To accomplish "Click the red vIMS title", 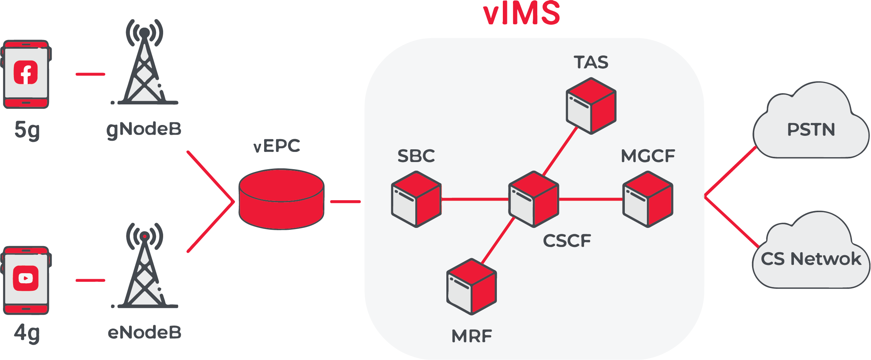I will pos(522,13).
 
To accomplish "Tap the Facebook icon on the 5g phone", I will pos(26,72).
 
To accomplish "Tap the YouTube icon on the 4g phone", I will pos(26,278).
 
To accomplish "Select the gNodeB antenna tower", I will pos(145,64).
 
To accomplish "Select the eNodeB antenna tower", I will pos(145,268).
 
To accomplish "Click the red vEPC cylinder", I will pos(281,199).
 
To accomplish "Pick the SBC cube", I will pos(416,199).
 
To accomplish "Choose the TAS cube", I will pos(591,106).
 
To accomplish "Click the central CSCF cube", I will pos(534,199).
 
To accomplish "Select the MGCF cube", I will pos(648,199).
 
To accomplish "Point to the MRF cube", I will pos(471,286).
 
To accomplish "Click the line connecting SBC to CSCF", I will pos(475,199).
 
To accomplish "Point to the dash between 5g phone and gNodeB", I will pos(90,74).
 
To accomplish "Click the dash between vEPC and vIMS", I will pos(345,202).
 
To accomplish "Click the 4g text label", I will pos(27,332).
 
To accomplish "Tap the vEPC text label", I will pos(276,146).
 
